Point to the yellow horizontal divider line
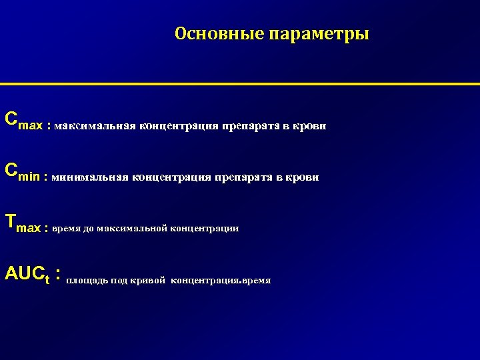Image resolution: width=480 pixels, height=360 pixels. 240,84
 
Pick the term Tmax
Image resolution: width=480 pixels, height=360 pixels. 22,225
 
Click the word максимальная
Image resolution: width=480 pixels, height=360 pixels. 95,126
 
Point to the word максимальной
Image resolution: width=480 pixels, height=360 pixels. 131,228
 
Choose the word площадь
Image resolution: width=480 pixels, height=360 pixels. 87,281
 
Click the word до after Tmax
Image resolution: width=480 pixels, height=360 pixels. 89,228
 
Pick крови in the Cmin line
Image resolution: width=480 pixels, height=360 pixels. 304,177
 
